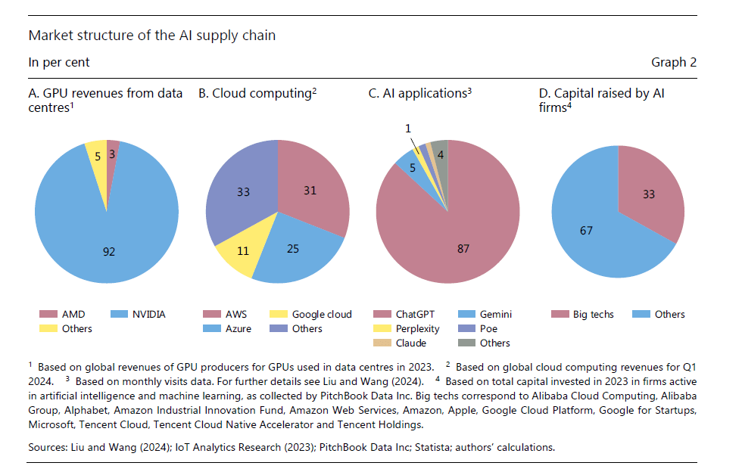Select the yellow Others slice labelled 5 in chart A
(96, 154)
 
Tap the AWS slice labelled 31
(310, 191)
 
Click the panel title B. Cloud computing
(257, 94)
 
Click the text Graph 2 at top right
(673, 62)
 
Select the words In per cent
(58, 62)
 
